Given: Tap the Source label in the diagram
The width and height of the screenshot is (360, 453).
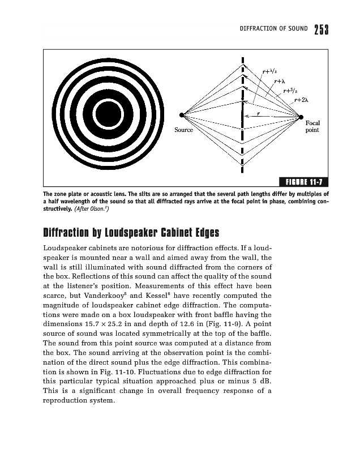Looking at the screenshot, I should click(183, 130).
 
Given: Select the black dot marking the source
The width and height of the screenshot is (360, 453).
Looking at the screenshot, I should click(182, 116).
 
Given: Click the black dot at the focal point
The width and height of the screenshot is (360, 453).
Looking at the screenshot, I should click(301, 117).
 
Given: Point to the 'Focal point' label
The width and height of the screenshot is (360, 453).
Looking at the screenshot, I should click(312, 126).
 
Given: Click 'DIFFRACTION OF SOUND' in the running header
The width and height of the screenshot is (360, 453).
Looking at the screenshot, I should click(274, 29).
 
